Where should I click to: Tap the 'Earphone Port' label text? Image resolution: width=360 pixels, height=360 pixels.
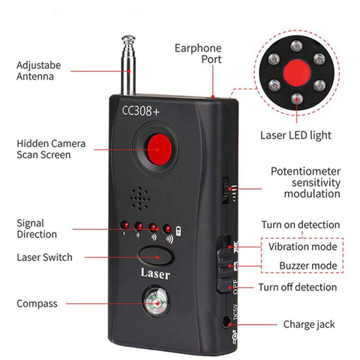pyautogui.click(x=196, y=54)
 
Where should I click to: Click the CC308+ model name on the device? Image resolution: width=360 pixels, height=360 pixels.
pyautogui.click(x=142, y=111)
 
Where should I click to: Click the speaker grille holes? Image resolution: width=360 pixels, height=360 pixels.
pyautogui.click(x=139, y=198)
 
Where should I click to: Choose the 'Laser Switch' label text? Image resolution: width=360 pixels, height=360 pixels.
pyautogui.click(x=44, y=257)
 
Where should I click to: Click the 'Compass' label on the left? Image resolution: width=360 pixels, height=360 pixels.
pyautogui.click(x=38, y=304)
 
